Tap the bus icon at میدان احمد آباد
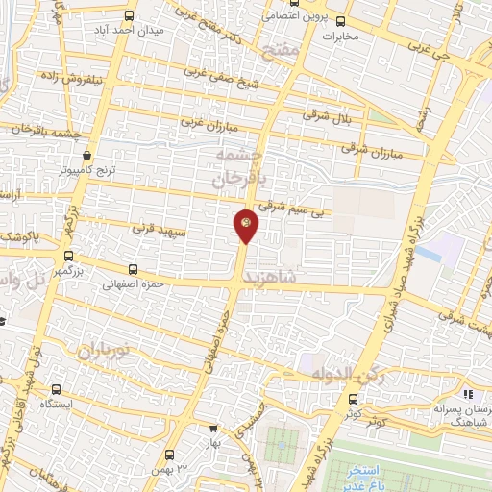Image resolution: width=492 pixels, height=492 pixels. coord(130,15)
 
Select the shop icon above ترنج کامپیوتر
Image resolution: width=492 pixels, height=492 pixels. coord(87,154)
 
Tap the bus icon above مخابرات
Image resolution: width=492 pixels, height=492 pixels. coord(339,21)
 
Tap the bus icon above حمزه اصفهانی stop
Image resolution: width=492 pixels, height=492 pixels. coord(133,270)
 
